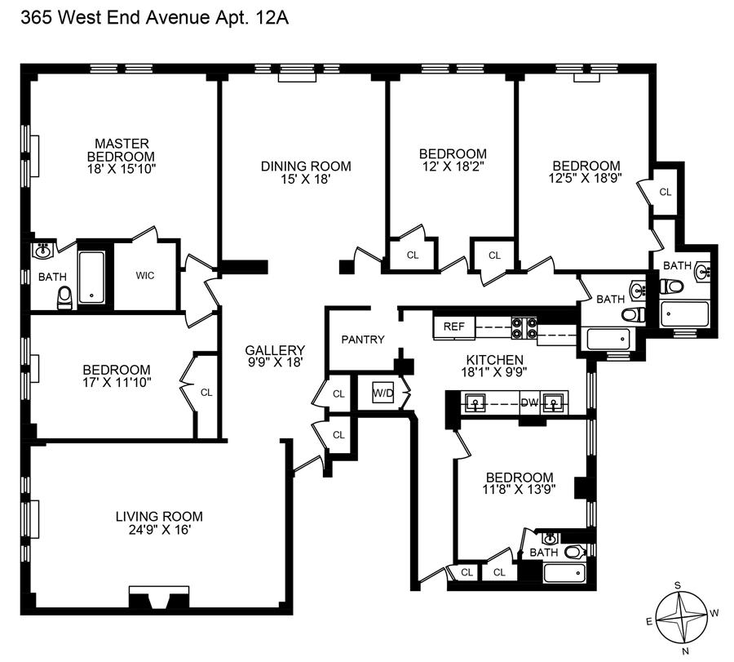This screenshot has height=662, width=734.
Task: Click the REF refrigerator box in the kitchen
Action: click(453, 327)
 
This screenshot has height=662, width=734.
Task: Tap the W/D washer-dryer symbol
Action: click(382, 392)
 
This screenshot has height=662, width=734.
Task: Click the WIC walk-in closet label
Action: click(144, 275)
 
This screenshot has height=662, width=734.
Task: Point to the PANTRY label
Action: click(363, 340)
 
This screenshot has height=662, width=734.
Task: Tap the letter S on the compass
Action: click(677, 584)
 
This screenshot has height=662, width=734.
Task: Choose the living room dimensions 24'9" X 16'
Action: click(158, 530)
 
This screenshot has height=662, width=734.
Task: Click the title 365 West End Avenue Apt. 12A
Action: click(145, 16)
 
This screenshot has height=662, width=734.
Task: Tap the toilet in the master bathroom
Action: click(65, 300)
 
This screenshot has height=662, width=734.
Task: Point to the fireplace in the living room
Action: click(157, 599)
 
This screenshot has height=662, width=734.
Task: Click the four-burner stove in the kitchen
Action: click(523, 327)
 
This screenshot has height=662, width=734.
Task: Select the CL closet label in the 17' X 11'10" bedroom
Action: click(206, 393)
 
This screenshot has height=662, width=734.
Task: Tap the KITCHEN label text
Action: click(494, 360)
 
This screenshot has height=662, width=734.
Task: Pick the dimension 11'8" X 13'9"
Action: click(519, 491)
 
